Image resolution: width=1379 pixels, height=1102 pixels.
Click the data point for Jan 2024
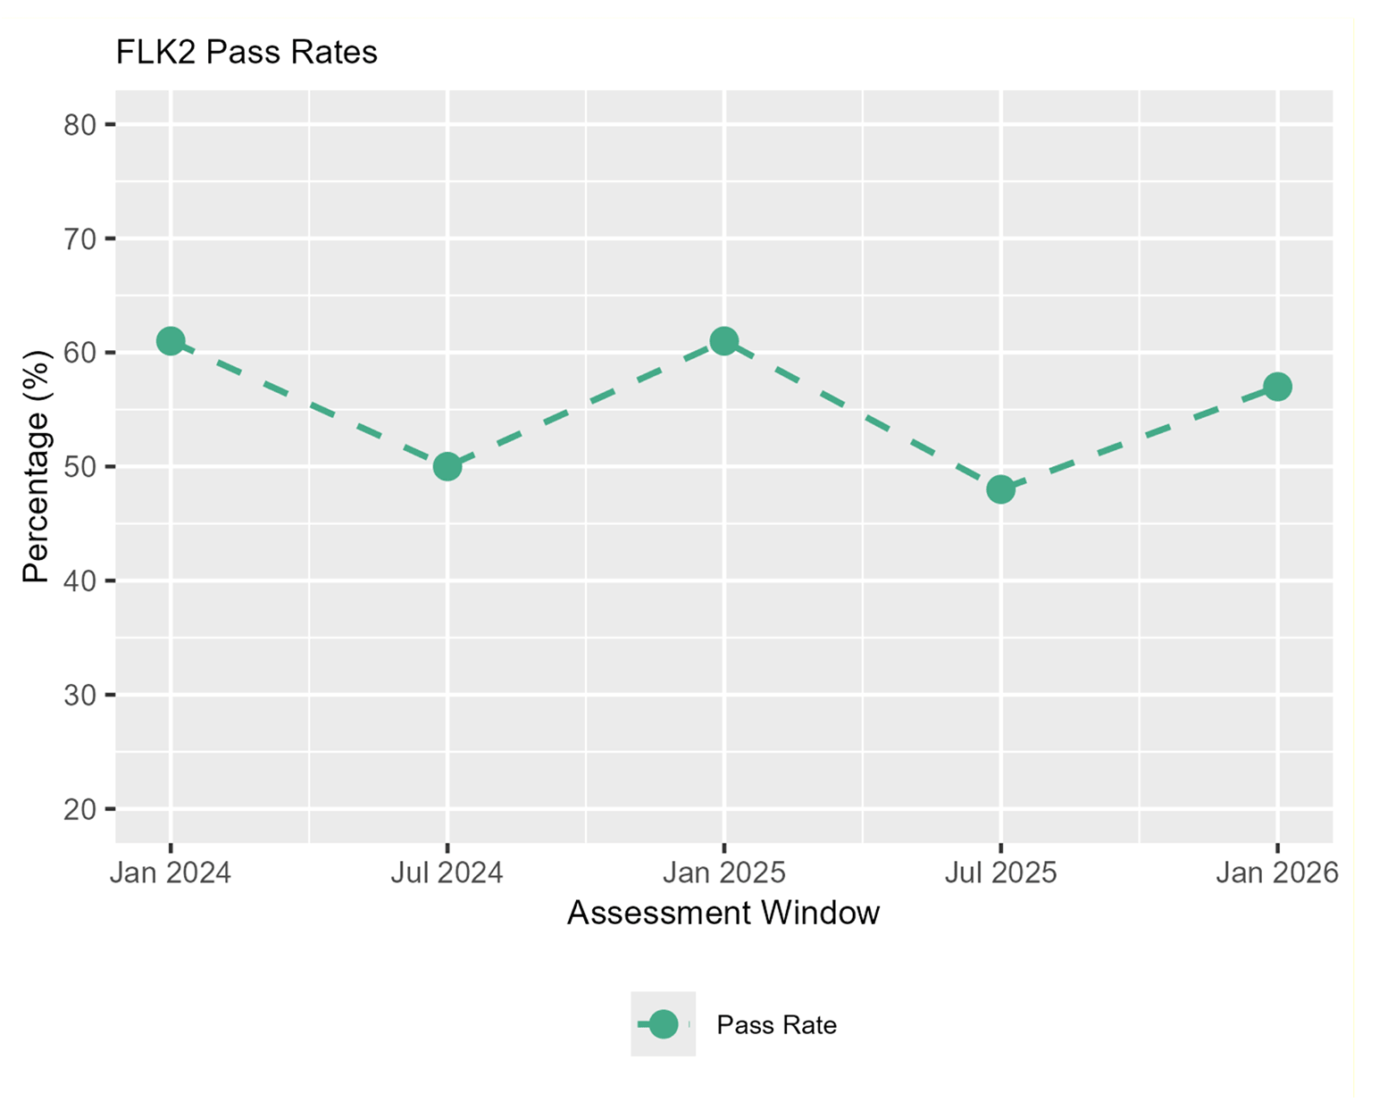click(x=171, y=341)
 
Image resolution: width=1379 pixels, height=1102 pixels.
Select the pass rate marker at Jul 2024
click(x=447, y=466)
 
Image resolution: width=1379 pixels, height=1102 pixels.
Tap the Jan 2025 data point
click(x=724, y=341)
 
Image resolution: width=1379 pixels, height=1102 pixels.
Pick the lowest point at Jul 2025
click(x=1000, y=489)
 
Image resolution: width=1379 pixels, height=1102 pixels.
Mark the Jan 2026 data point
click(x=1277, y=387)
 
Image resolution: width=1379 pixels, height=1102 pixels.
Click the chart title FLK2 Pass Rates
click(x=247, y=53)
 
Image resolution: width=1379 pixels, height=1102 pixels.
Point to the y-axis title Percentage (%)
click(x=37, y=466)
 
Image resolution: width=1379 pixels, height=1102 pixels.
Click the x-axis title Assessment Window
click(x=723, y=913)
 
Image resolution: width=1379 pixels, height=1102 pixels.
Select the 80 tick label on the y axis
click(x=79, y=125)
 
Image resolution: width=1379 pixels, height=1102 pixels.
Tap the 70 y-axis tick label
click(x=79, y=239)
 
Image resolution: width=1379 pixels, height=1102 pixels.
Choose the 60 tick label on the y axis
click(x=79, y=353)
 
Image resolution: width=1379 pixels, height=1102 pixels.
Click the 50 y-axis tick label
click(x=79, y=467)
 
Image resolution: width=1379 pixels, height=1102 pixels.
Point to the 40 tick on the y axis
click(x=79, y=580)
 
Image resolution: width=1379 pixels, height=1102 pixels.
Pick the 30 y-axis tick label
click(x=79, y=695)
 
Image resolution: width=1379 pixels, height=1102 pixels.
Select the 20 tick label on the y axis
click(x=79, y=809)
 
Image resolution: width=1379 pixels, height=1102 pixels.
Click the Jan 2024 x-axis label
click(x=171, y=872)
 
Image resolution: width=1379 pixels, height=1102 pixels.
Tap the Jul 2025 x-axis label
click(x=1000, y=872)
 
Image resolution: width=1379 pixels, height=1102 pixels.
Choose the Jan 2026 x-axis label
click(x=1277, y=872)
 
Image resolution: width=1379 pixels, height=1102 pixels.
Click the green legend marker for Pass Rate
click(x=663, y=1024)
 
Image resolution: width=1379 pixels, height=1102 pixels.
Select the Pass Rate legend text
click(x=776, y=1025)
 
